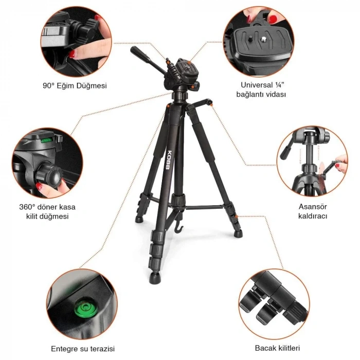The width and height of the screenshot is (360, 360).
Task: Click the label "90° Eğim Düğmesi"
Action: coord(75,86)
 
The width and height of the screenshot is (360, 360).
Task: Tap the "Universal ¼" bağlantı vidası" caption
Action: coord(261,89)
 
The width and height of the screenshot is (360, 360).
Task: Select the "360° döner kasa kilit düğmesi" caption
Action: coord(47,211)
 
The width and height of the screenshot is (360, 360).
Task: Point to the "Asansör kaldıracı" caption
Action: coord(313,211)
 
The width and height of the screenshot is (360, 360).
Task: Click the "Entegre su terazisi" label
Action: coord(82,348)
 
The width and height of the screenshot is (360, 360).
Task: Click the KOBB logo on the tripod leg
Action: coord(171,153)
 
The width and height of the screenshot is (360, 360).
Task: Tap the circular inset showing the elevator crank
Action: coord(313,163)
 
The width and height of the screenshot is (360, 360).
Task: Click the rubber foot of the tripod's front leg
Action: coord(154,280)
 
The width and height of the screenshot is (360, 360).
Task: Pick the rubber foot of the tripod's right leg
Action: coord(238,233)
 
